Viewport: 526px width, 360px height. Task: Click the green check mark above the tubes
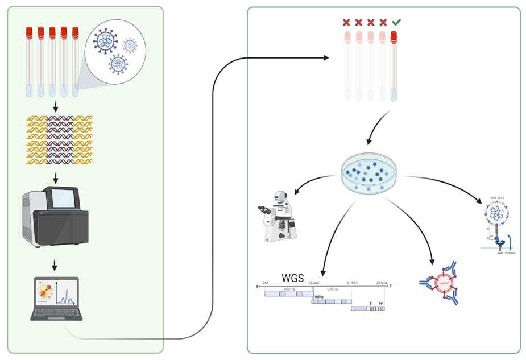click(396, 22)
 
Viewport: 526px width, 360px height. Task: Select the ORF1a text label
click(289, 289)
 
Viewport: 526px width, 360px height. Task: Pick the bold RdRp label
click(319, 297)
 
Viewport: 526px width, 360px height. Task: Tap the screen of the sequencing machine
click(63, 198)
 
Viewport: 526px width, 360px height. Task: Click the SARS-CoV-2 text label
click(498, 198)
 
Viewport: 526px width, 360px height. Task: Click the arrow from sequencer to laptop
click(55, 264)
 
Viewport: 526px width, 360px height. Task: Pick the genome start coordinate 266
click(265, 283)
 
